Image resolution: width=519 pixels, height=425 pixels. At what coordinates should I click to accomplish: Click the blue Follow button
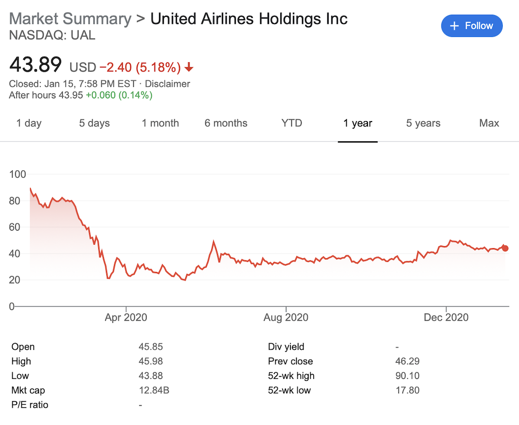coord(471,26)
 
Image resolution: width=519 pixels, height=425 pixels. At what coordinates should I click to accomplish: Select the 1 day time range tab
coord(29,123)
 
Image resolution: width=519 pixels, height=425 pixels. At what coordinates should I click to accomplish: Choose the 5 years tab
coord(423,123)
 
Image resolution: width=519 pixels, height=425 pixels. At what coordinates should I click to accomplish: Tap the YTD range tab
coord(291,123)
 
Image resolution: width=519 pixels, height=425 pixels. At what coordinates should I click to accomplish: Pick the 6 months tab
coord(226,123)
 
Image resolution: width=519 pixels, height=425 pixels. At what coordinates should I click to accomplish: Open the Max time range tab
coord(489,123)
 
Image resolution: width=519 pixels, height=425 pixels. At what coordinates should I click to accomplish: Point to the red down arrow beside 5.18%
coord(189,67)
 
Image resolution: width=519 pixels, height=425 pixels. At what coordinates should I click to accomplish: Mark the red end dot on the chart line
coord(505,248)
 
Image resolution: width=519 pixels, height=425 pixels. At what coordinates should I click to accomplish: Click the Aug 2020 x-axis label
coord(286,318)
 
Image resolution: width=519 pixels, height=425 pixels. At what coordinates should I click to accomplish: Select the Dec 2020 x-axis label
coord(447,318)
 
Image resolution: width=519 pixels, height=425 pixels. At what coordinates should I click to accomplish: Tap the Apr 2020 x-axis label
coord(126,318)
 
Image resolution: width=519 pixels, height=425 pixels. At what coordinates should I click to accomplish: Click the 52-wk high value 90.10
coord(407,376)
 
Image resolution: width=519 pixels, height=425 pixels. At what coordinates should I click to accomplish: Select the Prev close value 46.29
coord(407,361)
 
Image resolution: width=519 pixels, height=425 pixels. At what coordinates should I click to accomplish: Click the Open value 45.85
coord(151,347)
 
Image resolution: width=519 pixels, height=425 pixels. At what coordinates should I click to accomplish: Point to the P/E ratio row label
coord(30,405)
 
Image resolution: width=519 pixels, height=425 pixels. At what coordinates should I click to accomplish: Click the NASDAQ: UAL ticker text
coord(52,35)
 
